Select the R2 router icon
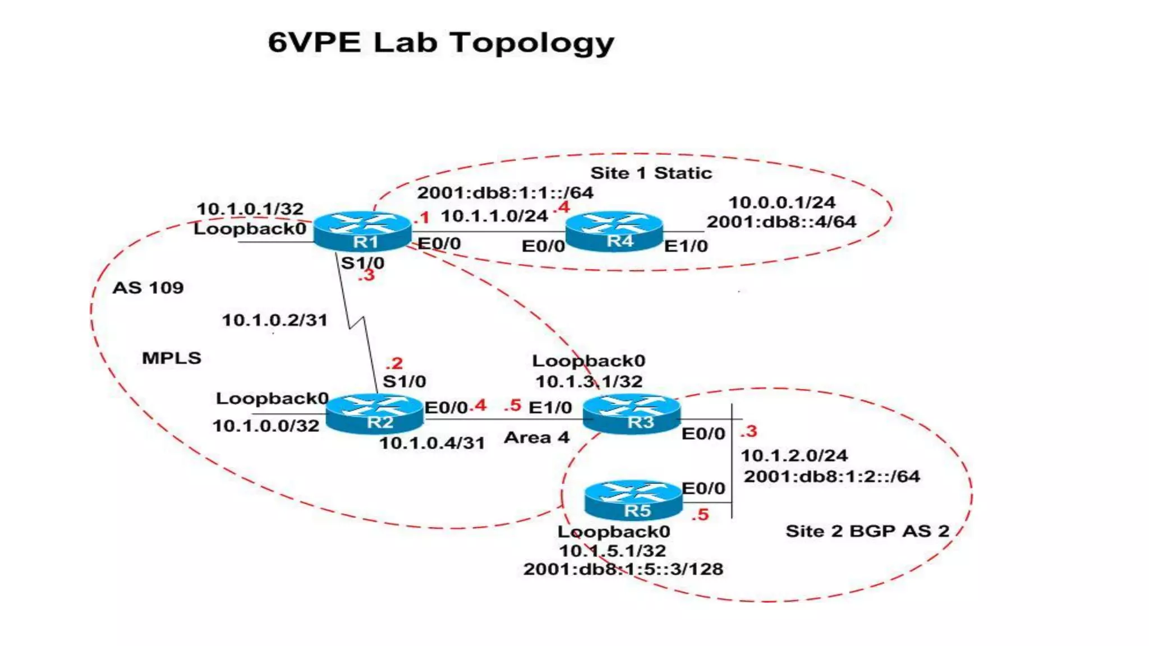[374, 414]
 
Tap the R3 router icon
[632, 414]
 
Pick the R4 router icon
[614, 230]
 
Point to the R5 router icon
[633, 500]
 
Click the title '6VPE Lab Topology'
[441, 43]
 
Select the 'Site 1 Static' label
[651, 173]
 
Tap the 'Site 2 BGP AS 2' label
[867, 531]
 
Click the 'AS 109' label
[148, 288]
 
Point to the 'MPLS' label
[172, 358]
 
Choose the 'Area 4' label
[536, 437]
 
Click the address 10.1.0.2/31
[274, 320]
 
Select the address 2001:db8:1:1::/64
[505, 193]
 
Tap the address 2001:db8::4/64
[781, 222]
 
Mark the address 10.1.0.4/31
[432, 443]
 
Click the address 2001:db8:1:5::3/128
[623, 569]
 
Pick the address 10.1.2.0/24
[794, 455]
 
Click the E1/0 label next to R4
[686, 246]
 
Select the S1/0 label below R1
[362, 262]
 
